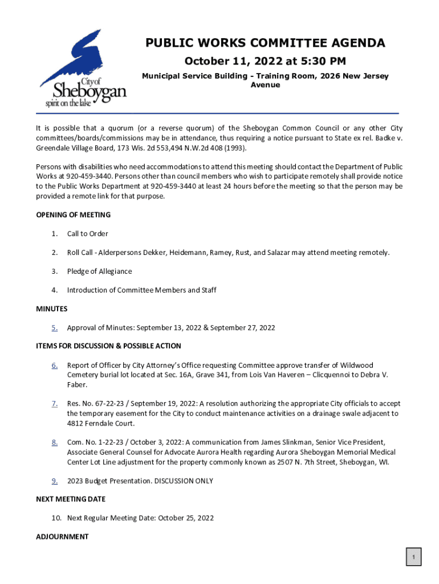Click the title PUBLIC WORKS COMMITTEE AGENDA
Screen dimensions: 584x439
(x=265, y=43)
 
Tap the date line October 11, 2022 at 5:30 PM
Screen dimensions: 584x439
(x=265, y=61)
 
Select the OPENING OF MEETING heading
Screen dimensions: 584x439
(x=74, y=215)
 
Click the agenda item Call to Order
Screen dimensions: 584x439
(x=87, y=234)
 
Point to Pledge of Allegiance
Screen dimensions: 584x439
(x=99, y=271)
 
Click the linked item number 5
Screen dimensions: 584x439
(x=54, y=328)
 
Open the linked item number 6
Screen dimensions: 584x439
(x=54, y=366)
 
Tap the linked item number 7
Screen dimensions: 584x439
(x=54, y=404)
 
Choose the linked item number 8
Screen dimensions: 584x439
(x=54, y=442)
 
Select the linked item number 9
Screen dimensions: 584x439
(x=54, y=481)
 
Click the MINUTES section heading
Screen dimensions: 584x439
(x=52, y=309)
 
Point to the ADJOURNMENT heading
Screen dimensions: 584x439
(x=63, y=537)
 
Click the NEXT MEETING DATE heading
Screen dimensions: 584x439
(x=71, y=499)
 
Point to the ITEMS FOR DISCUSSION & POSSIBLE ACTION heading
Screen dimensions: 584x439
(x=108, y=346)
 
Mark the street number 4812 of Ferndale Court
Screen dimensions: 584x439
(x=78, y=423)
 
